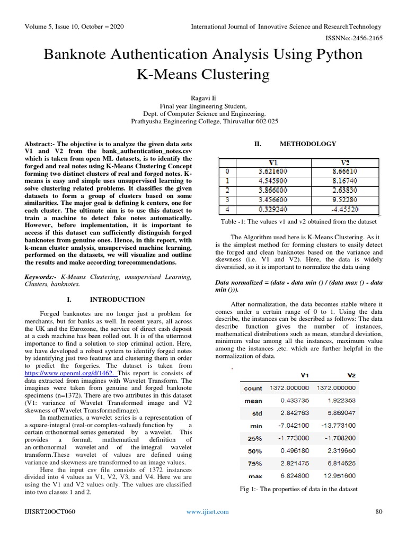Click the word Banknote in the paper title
(x=83, y=55)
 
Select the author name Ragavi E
(x=203, y=98)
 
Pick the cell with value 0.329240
(x=272, y=209)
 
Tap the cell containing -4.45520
(x=348, y=209)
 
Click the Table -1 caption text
(x=298, y=221)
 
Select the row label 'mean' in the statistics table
(x=253, y=401)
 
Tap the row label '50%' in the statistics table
(x=255, y=451)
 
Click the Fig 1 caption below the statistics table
(x=299, y=489)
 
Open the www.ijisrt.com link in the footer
(x=207, y=512)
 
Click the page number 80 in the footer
(x=378, y=512)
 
